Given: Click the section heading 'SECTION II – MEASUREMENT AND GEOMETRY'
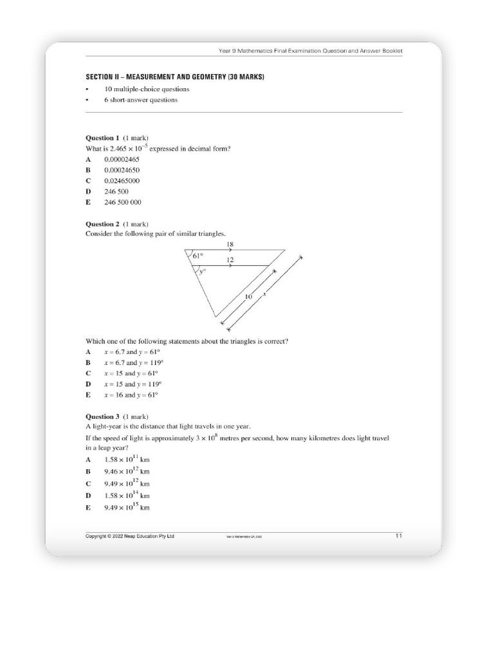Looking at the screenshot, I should [175, 77].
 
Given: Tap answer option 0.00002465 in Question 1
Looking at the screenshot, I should [122, 159].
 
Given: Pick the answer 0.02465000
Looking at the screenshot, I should [122, 181].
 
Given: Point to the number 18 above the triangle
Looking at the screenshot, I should [230, 245].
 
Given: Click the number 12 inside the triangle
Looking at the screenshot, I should [230, 260].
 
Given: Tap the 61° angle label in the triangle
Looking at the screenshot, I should [197, 256].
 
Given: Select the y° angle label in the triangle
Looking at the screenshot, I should [201, 272].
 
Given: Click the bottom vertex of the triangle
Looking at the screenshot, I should [215, 316].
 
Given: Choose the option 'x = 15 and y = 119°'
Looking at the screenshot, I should [131, 384].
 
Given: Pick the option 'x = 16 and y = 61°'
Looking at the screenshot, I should [131, 394].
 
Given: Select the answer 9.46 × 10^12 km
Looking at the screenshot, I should [127, 471].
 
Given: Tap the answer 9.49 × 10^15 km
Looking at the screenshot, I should [127, 507].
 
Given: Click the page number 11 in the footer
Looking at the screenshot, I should [398, 535].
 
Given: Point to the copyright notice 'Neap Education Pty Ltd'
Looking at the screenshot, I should [130, 536].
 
